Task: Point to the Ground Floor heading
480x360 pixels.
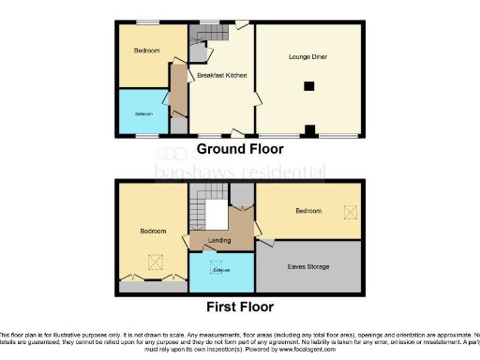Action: pyautogui.click(x=239, y=149)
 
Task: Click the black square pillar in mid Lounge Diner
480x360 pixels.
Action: pyautogui.click(x=307, y=87)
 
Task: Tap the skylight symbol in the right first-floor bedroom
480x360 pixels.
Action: pyautogui.click(x=351, y=213)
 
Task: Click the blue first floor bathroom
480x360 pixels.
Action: pyautogui.click(x=221, y=272)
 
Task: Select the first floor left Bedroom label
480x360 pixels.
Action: pyautogui.click(x=153, y=231)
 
